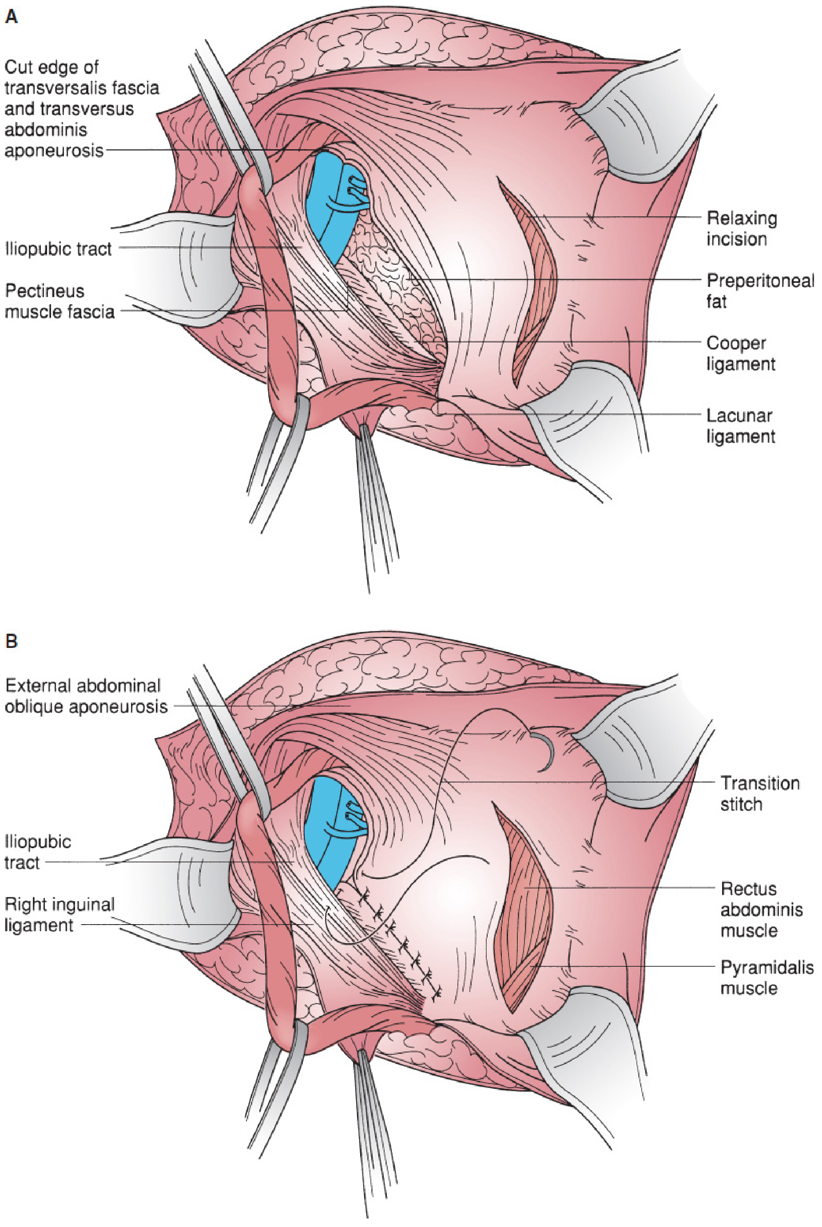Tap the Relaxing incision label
[742, 229]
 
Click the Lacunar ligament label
[741, 425]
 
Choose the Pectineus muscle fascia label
[59, 302]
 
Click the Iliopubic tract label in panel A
[58, 248]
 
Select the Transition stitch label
[760, 794]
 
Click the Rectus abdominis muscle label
[761, 909]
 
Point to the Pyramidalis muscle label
[767, 977]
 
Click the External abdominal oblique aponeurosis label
[86, 696]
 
